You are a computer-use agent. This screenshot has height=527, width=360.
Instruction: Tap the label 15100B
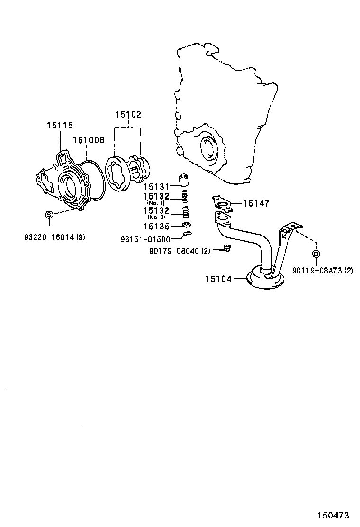(88, 140)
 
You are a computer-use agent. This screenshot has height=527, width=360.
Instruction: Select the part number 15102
(128, 114)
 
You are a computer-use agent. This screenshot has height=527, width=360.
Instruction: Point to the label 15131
(156, 187)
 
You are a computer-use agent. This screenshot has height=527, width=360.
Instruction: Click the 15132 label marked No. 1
(156, 196)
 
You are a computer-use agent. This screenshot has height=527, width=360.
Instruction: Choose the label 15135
(156, 227)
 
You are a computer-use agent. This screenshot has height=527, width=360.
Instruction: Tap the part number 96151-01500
(145, 239)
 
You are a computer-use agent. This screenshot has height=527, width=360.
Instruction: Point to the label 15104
(218, 279)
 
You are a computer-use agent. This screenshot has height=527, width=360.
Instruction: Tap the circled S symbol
(48, 215)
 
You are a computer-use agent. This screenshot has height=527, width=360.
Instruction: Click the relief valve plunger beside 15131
(185, 180)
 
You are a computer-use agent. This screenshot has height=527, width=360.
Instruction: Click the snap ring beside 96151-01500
(187, 234)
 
